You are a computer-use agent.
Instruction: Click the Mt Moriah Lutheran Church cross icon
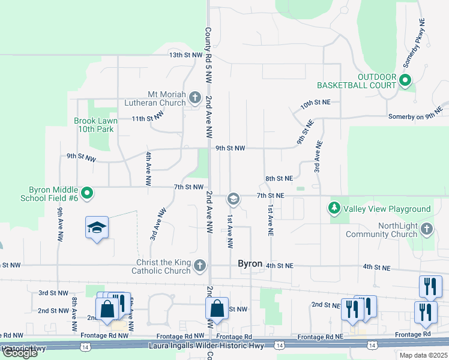coord(194,97)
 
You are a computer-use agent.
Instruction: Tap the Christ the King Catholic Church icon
coord(200,265)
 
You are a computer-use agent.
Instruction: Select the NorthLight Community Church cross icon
coord(426,229)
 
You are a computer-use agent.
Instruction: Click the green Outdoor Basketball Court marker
coord(405,79)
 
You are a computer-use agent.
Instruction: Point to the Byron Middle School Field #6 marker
coord(87,193)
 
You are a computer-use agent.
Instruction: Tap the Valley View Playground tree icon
coord(334,208)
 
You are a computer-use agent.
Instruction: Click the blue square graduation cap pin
coord(97,228)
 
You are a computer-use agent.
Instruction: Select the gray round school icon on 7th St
coord(233,199)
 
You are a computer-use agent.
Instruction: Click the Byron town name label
coord(250,264)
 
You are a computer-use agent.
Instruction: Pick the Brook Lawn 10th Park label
coord(94,125)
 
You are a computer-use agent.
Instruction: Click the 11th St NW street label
coord(148,118)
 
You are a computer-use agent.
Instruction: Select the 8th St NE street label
coord(279,178)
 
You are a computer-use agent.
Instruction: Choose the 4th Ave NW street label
coord(148,169)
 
